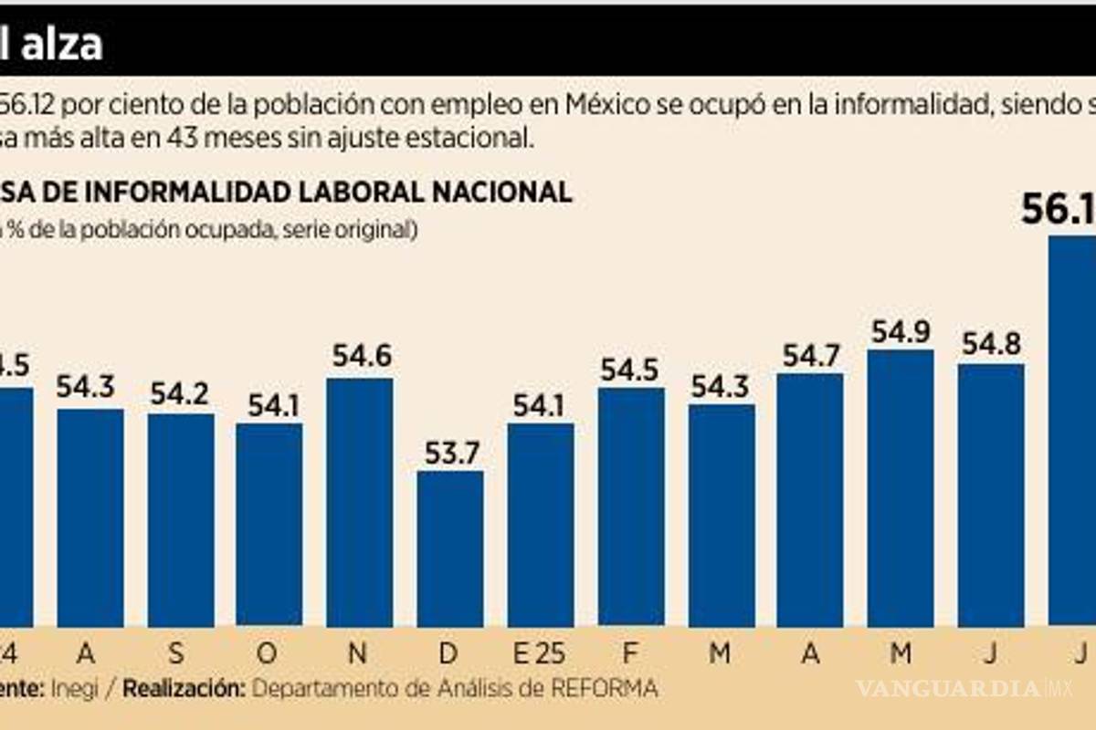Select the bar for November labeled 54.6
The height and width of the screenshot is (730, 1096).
pos(360,502)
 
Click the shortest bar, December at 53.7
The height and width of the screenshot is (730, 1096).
pos(450,547)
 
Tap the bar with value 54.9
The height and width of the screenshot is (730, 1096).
pos(901,488)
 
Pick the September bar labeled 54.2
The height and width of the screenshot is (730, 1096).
pos(181,520)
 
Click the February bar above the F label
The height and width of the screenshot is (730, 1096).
pos(631,506)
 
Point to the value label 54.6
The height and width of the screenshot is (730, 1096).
pos(361,356)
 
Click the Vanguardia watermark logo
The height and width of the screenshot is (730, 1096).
pos(959,688)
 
